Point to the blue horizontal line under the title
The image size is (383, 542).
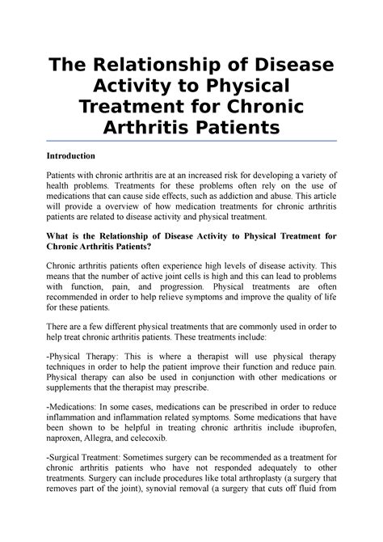pyautogui.click(x=191, y=141)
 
